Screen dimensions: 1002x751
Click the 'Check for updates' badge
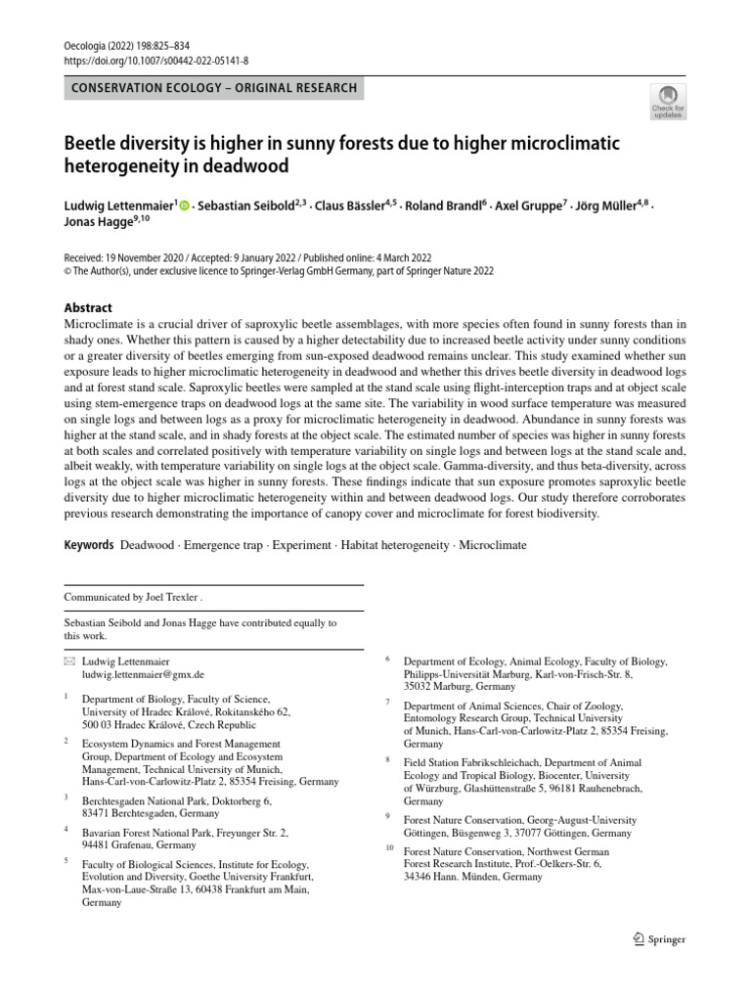669,101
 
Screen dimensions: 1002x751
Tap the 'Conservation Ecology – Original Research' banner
214,88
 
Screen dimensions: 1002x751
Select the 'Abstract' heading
88,307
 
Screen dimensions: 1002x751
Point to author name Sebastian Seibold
244,207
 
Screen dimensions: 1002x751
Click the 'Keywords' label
89,543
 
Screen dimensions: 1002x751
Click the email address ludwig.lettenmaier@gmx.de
143,674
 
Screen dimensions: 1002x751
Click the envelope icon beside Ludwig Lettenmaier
68,661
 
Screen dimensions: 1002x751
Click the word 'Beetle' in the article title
94,144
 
